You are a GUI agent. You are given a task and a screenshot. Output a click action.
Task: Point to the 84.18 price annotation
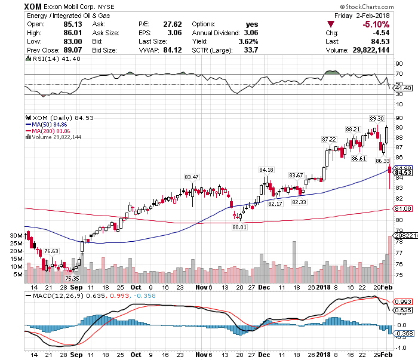[266, 170]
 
